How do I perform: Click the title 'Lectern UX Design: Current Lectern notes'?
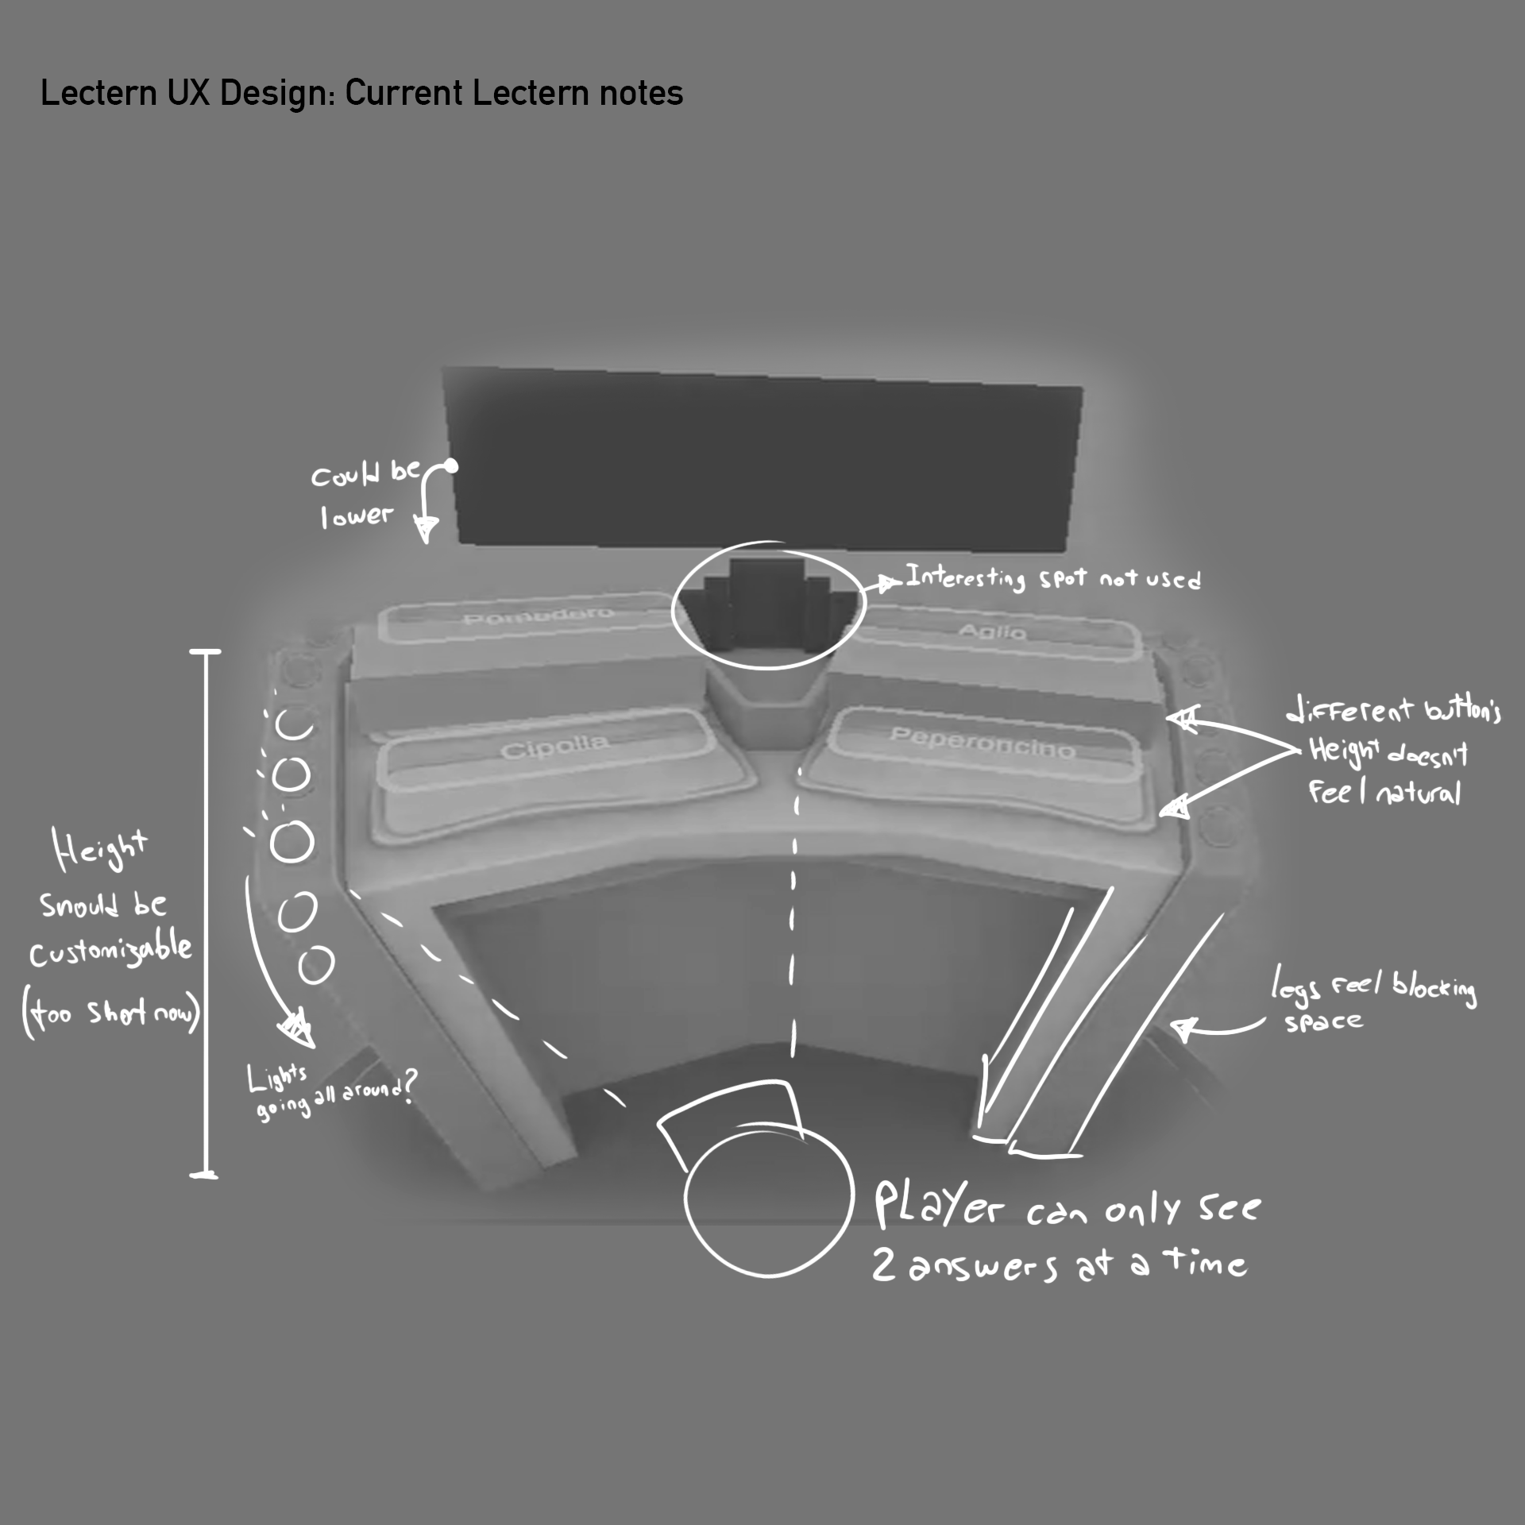361,93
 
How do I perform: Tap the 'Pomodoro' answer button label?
538,617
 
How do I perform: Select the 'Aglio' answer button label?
993,631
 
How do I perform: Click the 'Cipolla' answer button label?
554,747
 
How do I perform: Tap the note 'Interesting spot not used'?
1052,577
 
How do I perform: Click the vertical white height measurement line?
207,913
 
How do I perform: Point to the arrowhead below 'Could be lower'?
427,527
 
